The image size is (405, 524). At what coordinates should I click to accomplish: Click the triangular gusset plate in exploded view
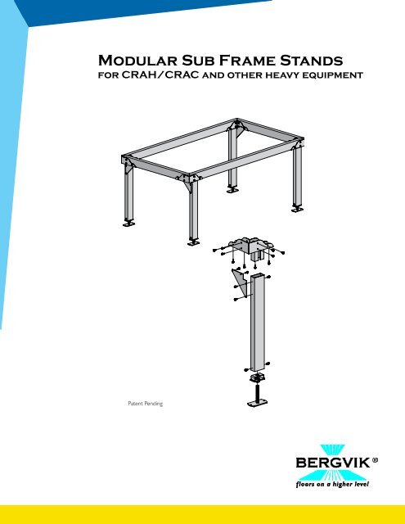point(241,285)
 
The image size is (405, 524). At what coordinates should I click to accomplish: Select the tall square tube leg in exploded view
point(259,323)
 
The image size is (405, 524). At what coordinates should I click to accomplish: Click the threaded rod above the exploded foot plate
point(259,392)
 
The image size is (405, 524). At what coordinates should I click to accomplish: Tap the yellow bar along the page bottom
point(202,515)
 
